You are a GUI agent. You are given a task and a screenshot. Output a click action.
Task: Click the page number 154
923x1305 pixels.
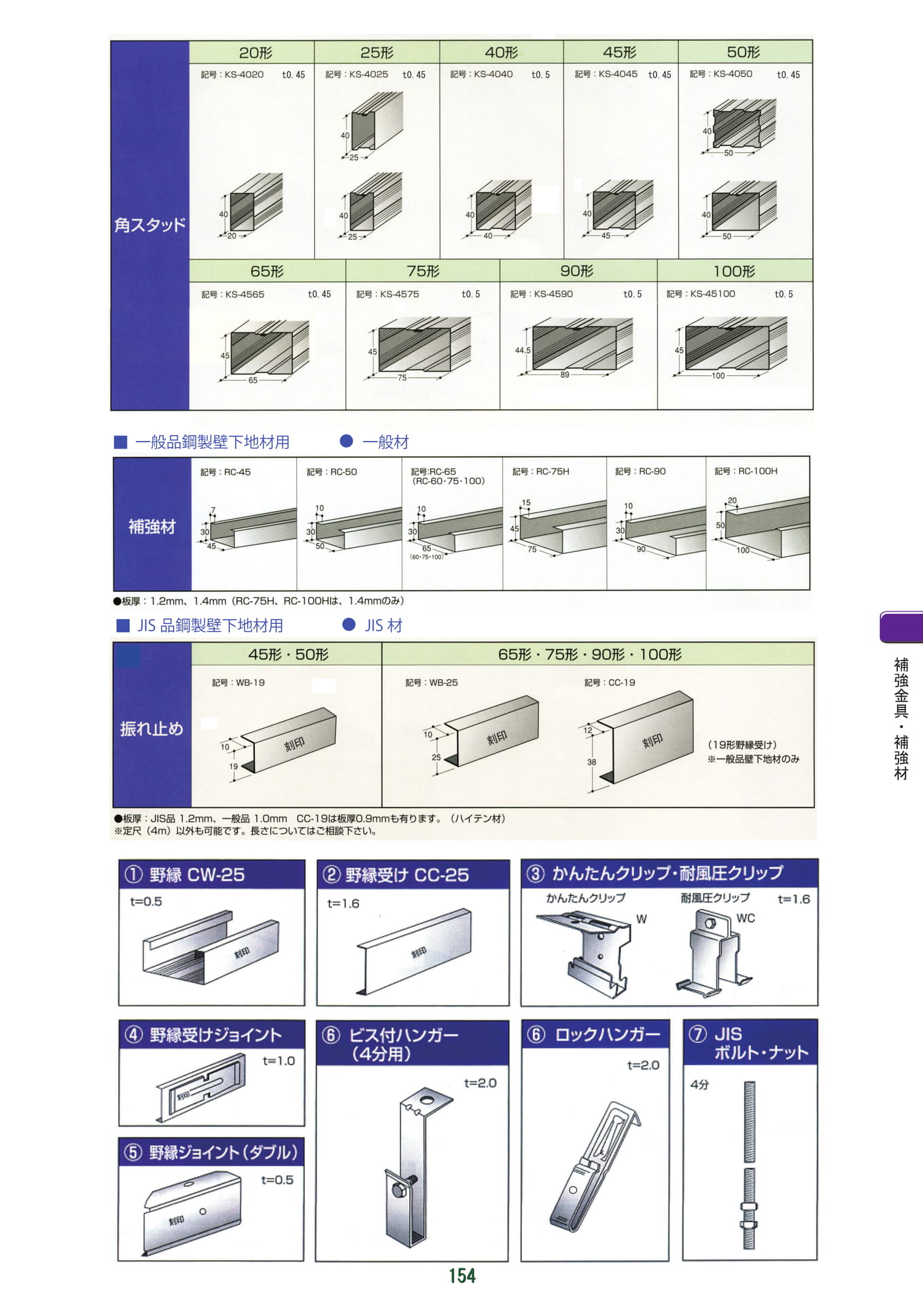(x=462, y=1276)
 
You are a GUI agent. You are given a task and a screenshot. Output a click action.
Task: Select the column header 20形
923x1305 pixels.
(x=256, y=52)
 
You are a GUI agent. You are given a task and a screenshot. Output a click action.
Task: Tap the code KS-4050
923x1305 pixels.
(x=733, y=73)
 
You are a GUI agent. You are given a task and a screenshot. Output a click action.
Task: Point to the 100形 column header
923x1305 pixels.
(x=734, y=271)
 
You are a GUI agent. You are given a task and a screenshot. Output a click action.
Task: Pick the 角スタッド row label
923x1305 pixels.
(x=150, y=225)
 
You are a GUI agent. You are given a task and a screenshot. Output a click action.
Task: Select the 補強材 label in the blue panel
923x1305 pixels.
(x=152, y=526)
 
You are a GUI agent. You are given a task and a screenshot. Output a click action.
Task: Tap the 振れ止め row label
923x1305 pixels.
(x=152, y=729)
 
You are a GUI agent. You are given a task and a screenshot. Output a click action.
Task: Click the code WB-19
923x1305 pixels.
(x=250, y=682)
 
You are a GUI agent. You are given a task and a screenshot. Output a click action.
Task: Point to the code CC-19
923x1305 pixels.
(x=622, y=682)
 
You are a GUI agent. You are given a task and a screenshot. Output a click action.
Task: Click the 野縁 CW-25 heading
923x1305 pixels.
(x=197, y=875)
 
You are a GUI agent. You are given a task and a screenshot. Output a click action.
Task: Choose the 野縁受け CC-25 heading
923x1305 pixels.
(x=407, y=875)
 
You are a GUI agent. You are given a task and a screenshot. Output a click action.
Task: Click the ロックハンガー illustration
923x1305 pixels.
(x=595, y=1166)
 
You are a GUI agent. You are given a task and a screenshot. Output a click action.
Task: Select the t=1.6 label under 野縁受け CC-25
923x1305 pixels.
(x=343, y=903)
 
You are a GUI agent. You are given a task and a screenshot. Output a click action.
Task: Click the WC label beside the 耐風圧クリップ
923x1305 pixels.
(x=746, y=918)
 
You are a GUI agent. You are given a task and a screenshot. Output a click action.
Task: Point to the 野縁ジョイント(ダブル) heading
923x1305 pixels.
(x=224, y=1152)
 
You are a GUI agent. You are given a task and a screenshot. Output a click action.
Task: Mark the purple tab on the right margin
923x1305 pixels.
(x=902, y=627)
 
